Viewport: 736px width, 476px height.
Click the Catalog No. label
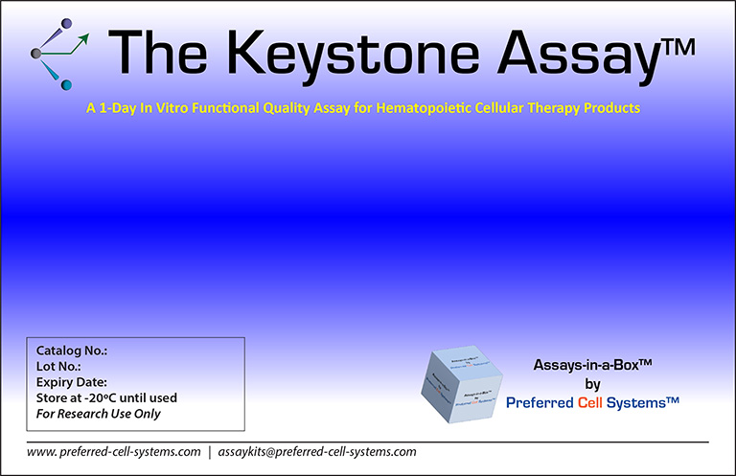pos(71,351)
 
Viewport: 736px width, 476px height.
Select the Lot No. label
pos(58,366)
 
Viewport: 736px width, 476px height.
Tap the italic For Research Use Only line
pos(99,414)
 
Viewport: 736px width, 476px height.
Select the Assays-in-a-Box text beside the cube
pos(592,365)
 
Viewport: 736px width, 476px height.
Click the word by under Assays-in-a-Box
pos(592,383)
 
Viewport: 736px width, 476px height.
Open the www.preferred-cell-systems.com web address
pos(113,451)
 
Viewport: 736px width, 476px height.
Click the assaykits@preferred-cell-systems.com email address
pos(317,451)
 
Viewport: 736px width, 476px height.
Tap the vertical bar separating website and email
pos(209,451)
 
